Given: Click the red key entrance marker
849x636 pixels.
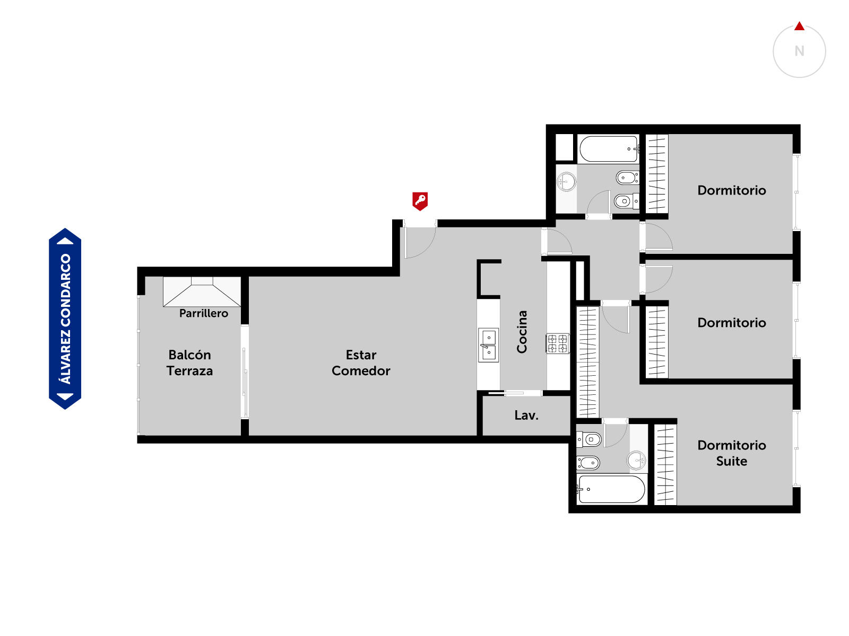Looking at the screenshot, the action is [420, 201].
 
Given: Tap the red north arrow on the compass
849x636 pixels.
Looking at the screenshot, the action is [799, 26].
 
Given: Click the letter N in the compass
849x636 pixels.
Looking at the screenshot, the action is [799, 51].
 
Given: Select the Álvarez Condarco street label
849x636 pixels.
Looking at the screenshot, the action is [65, 319].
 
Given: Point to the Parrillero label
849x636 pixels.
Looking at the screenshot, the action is [203, 313].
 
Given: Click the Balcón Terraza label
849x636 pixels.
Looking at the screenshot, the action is [189, 363].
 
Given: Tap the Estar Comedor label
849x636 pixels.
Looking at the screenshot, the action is [361, 363].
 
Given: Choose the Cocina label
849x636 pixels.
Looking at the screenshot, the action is [522, 332].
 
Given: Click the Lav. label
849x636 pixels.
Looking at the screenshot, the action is [526, 415].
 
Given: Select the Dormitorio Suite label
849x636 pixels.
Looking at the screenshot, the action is [731, 453].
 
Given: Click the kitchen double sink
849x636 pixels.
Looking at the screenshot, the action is [488, 345].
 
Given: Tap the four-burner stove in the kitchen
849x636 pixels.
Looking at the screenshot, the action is [557, 343].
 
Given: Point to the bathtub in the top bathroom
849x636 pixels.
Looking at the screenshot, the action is [609, 149].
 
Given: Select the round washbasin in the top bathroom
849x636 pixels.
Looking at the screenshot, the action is [566, 181].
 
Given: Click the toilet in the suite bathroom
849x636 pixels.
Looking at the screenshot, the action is [588, 439].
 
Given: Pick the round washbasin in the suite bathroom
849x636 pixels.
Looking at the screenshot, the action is [636, 460].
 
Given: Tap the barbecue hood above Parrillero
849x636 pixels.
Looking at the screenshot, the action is [202, 292].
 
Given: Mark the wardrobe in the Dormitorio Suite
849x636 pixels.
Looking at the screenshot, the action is [665, 465].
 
